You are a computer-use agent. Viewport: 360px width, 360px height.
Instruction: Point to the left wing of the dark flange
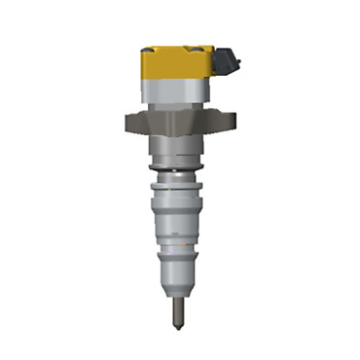[x=135, y=124]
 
